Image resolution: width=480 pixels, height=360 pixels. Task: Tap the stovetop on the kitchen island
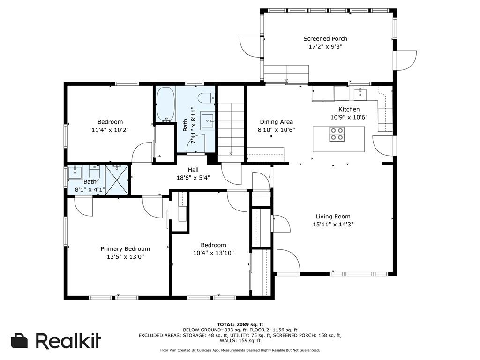pyautogui.click(x=337, y=134)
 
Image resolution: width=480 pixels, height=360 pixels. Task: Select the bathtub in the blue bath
pyautogui.click(x=165, y=104)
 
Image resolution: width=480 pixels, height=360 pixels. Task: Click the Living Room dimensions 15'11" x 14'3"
pyautogui.click(x=333, y=225)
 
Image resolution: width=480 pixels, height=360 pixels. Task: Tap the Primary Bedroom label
pyautogui.click(x=125, y=249)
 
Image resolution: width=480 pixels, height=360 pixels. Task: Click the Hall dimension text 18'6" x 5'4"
pyautogui.click(x=193, y=178)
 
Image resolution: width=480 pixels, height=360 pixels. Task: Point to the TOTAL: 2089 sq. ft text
pyautogui.click(x=240, y=324)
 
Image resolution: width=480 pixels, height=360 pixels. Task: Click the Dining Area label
pyautogui.click(x=277, y=122)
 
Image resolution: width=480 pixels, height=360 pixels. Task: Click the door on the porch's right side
pyautogui.click(x=406, y=60)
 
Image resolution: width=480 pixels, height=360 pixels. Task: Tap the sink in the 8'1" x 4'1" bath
pyautogui.click(x=75, y=172)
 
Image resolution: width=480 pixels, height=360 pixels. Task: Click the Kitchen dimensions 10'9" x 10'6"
pyautogui.click(x=349, y=117)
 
